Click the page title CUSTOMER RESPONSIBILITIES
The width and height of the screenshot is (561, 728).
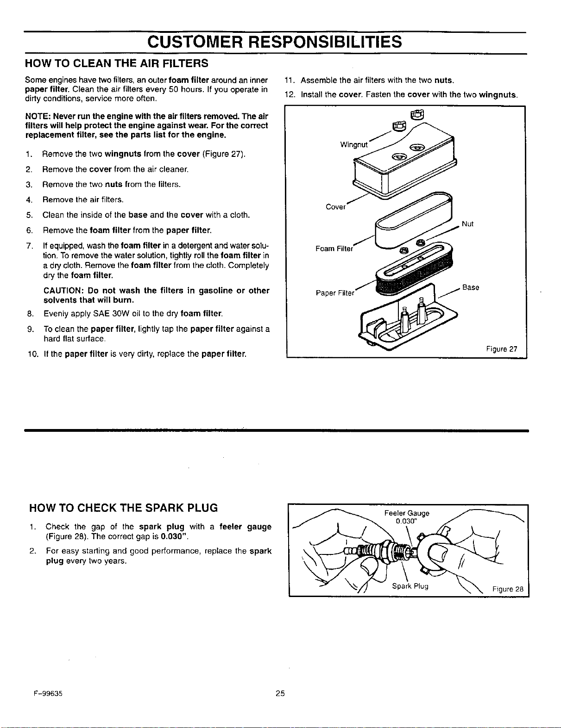point(274,42)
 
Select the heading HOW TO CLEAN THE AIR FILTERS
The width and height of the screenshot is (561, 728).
point(117,63)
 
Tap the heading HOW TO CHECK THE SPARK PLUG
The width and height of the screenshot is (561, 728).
point(123,508)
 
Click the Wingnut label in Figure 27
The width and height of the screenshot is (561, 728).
point(354,145)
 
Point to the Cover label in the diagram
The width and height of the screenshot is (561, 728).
point(335,207)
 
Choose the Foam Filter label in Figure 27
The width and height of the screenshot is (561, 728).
point(334,249)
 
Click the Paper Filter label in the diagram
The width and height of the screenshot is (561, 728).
point(334,293)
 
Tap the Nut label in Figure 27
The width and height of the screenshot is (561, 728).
point(467,224)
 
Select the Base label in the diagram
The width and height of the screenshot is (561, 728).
point(471,287)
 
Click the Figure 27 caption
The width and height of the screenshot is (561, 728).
point(502,349)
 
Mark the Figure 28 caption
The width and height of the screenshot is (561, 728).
point(508,589)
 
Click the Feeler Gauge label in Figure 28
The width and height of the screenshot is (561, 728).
point(407,513)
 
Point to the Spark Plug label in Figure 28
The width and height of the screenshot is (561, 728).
point(410,586)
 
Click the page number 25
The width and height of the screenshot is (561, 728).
point(280,693)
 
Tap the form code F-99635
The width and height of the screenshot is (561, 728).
point(48,694)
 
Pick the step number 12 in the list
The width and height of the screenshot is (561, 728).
point(290,95)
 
